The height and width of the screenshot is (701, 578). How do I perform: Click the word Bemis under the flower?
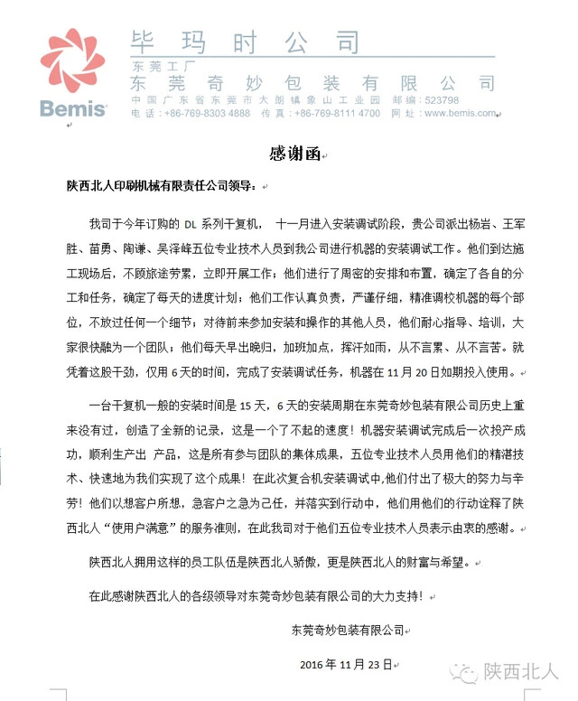(73, 109)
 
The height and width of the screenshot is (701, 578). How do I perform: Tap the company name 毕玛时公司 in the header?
(245, 42)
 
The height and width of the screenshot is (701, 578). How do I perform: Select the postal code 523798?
(441, 100)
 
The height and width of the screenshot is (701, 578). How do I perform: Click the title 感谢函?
(289, 154)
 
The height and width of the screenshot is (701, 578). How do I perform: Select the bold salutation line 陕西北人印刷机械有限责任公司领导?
(160, 186)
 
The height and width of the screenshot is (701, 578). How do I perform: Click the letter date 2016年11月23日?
(345, 665)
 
